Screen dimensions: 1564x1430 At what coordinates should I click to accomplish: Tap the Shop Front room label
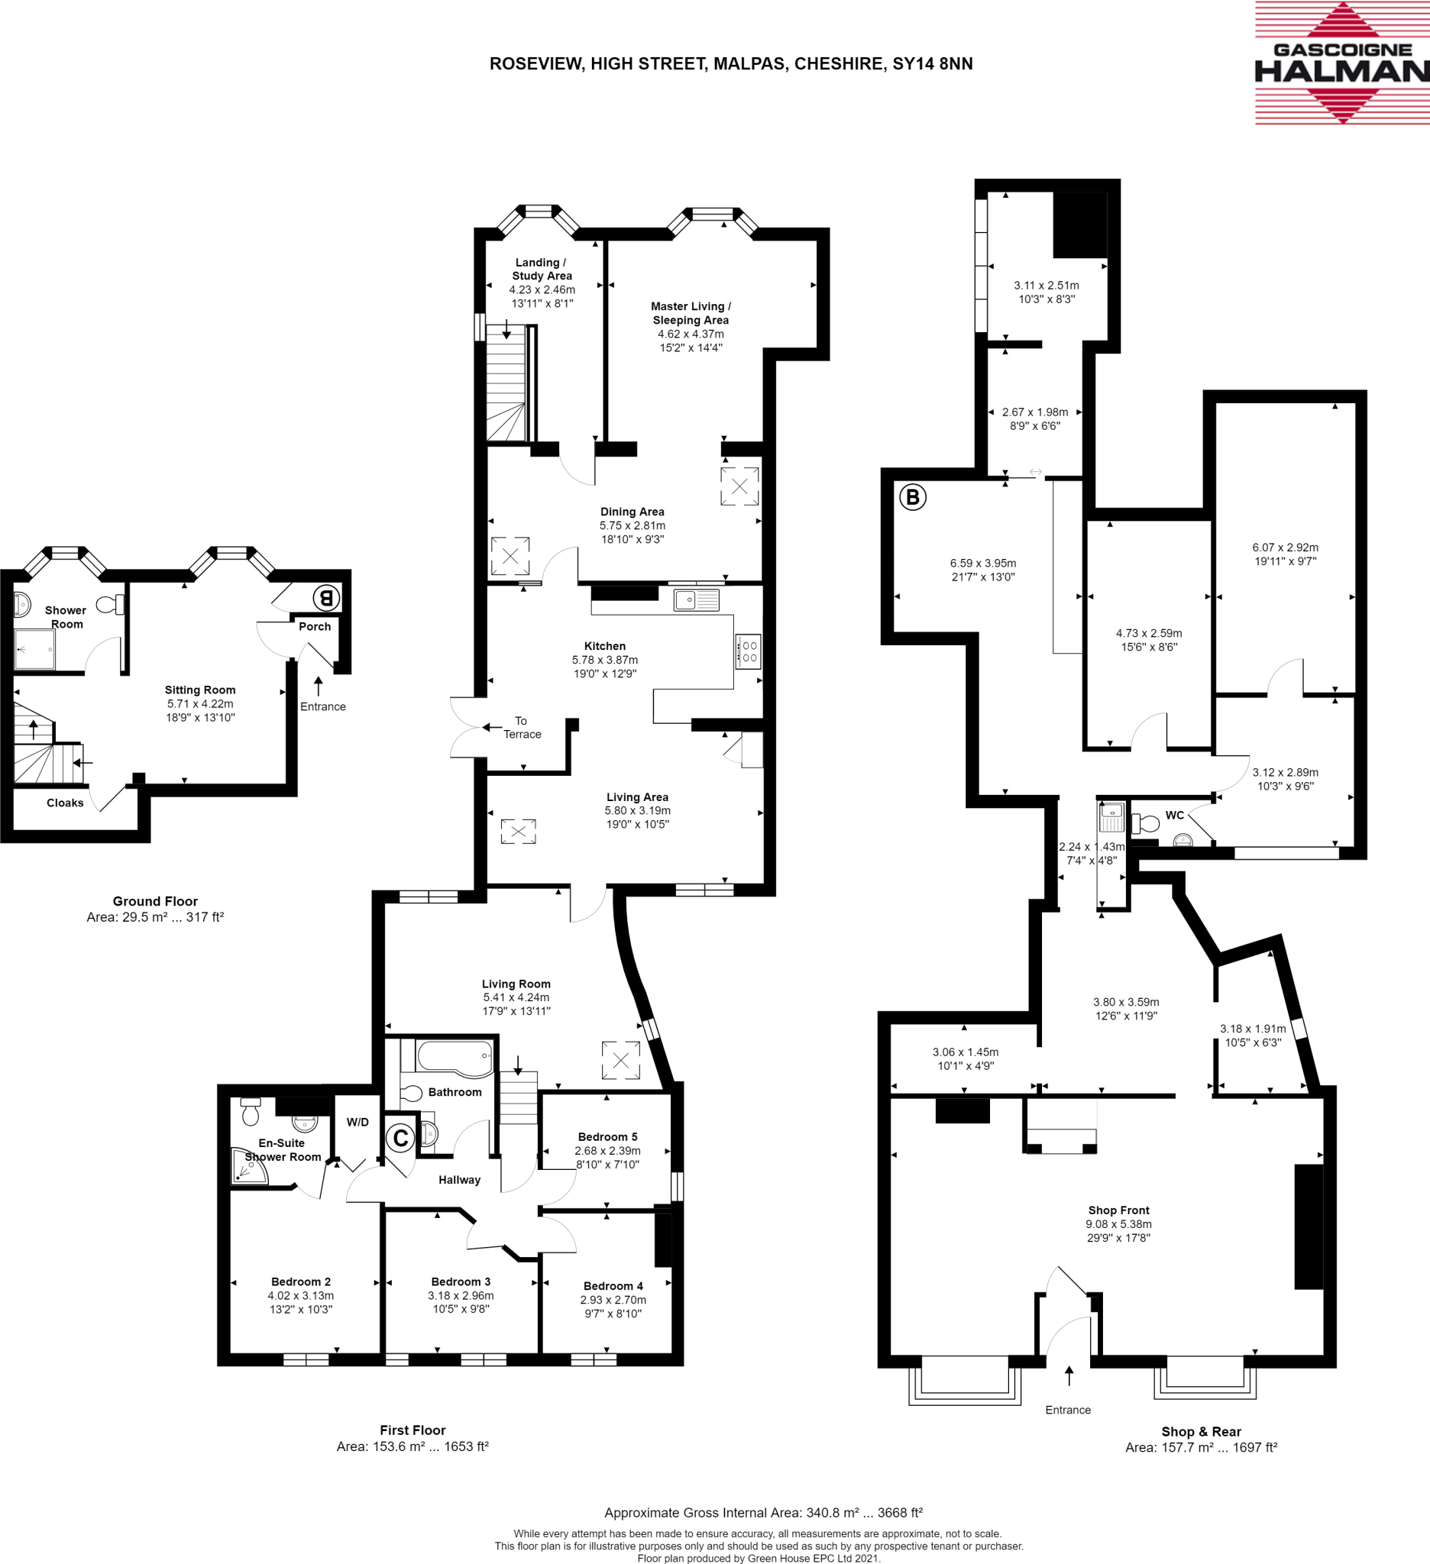coord(1118,1210)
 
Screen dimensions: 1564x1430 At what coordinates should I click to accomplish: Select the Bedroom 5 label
coord(607,1136)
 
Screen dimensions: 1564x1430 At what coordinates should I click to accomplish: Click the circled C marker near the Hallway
coord(400,1138)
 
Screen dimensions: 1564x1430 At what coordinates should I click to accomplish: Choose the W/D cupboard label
coord(357,1122)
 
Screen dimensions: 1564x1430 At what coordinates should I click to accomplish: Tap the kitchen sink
coord(696,599)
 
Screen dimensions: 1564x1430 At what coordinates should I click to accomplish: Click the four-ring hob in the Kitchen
coord(749,651)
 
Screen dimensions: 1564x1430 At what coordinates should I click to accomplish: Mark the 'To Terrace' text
coord(522,728)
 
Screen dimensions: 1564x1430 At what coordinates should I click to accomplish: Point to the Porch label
coord(314,626)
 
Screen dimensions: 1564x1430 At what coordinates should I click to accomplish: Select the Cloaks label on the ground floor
coord(65,803)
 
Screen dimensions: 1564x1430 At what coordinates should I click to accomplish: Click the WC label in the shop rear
coord(1175,816)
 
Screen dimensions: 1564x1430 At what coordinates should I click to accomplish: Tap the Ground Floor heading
coord(155,900)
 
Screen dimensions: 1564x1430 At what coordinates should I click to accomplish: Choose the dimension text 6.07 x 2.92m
coord(1285,547)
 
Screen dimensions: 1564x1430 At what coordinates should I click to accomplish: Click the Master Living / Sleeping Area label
coord(691,312)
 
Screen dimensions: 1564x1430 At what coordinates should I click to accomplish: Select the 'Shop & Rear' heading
coord(1201,1431)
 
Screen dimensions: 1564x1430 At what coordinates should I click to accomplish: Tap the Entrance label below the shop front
coord(1068,1410)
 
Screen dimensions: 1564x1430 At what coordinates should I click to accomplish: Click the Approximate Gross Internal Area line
coord(762,1512)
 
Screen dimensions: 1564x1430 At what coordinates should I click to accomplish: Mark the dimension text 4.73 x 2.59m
coord(1149,633)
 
